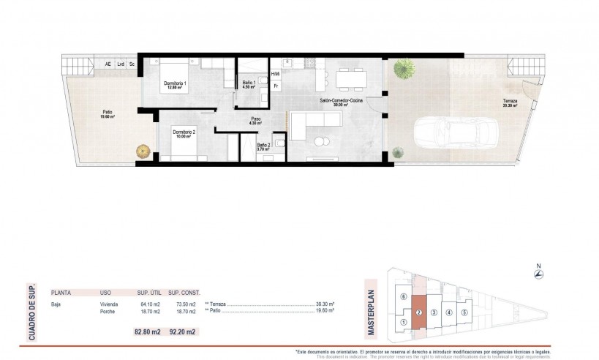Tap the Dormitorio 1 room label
click(x=176, y=83)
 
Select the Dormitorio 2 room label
click(x=184, y=133)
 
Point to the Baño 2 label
click(x=263, y=146)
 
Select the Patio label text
click(x=107, y=112)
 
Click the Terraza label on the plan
click(x=509, y=101)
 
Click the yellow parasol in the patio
click(x=141, y=151)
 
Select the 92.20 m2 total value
click(x=182, y=332)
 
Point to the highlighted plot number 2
click(x=418, y=312)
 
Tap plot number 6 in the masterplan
click(x=404, y=297)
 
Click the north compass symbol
click(x=538, y=274)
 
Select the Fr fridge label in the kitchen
click(x=276, y=86)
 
